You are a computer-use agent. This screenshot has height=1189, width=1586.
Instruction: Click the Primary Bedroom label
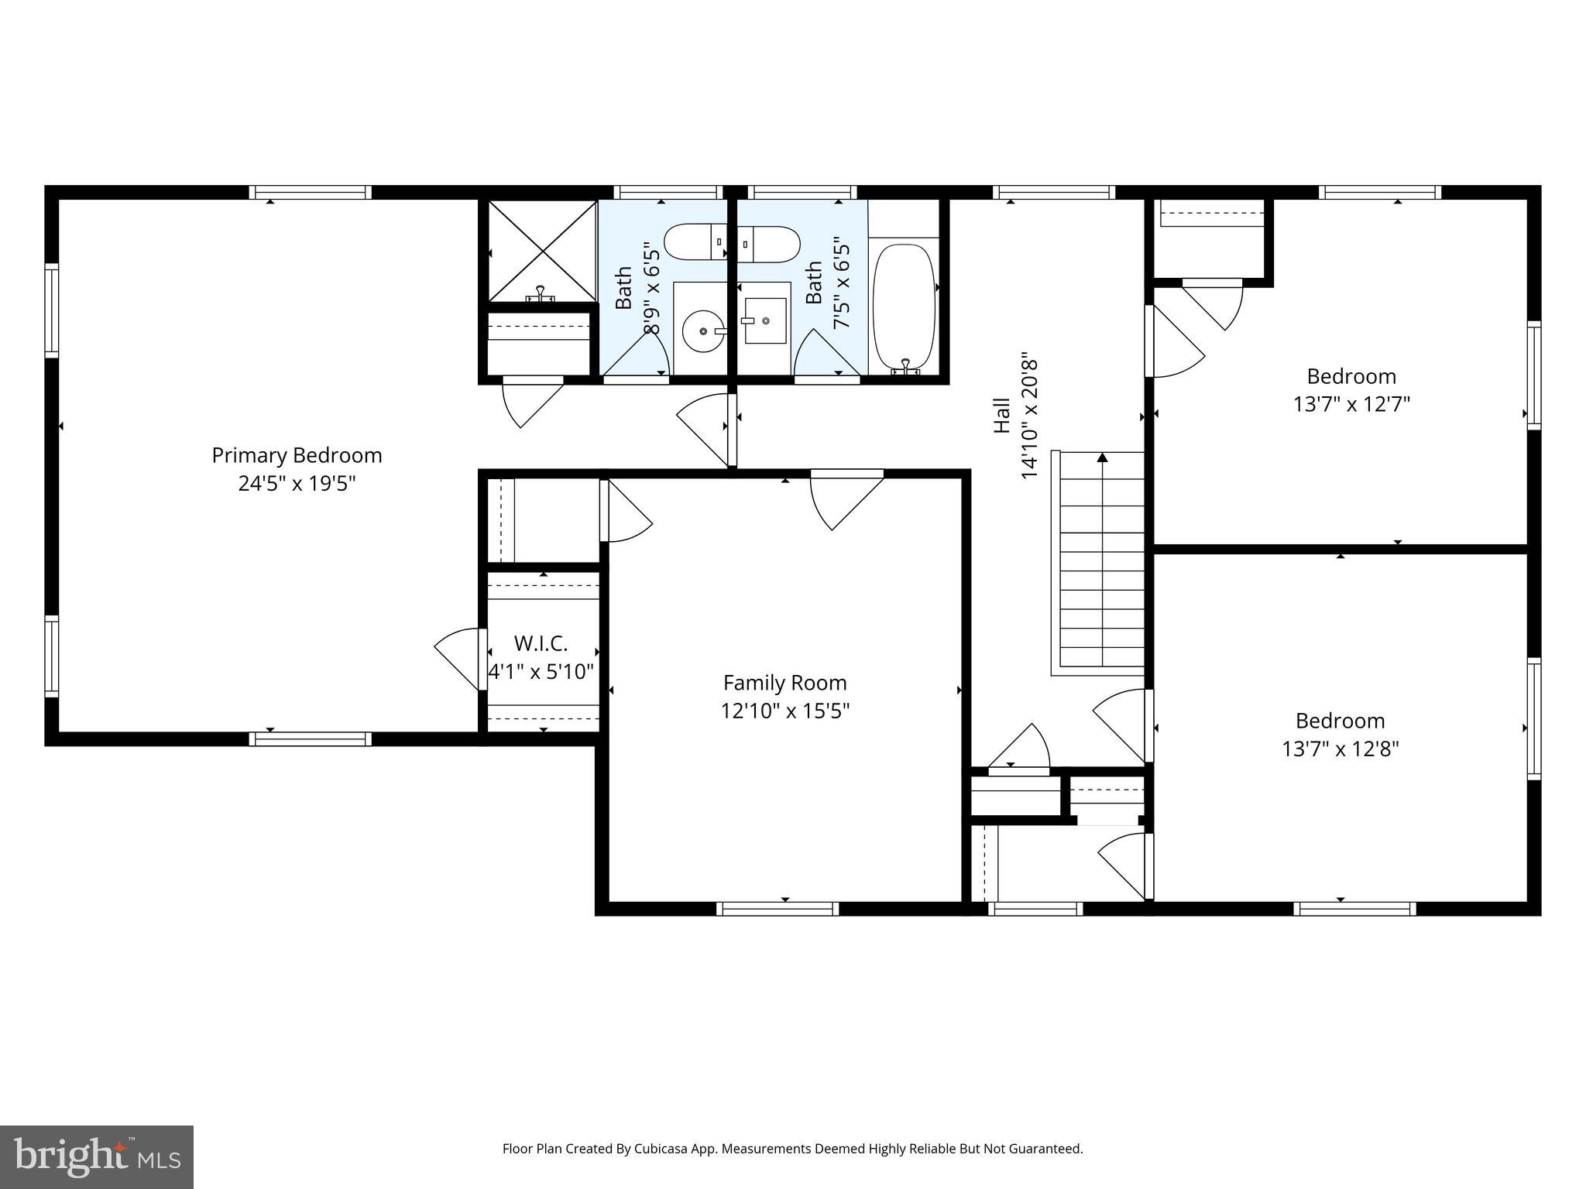point(297,455)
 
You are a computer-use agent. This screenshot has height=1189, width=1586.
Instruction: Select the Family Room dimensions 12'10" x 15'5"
point(785,711)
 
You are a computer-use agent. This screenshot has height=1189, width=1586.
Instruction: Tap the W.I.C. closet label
point(541,643)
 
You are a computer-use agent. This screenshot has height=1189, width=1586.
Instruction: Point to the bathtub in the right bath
point(904,308)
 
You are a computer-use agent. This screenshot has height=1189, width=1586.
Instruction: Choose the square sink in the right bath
point(765,320)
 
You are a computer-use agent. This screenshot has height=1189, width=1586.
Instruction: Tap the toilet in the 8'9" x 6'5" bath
point(695,242)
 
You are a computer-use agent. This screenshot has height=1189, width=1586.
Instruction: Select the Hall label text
point(1002,415)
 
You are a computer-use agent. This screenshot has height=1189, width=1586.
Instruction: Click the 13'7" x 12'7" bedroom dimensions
point(1351,405)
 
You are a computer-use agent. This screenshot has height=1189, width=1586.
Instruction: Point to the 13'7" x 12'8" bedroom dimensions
point(1340,749)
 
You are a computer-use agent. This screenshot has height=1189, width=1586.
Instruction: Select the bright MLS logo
point(96,1156)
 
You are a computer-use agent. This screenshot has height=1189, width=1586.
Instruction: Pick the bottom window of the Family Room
point(778,908)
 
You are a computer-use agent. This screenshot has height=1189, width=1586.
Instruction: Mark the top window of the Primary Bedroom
point(310,192)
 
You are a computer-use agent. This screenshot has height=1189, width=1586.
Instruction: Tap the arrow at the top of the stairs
point(1102,458)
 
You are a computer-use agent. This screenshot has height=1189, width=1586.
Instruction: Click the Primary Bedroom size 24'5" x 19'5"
point(297,484)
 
